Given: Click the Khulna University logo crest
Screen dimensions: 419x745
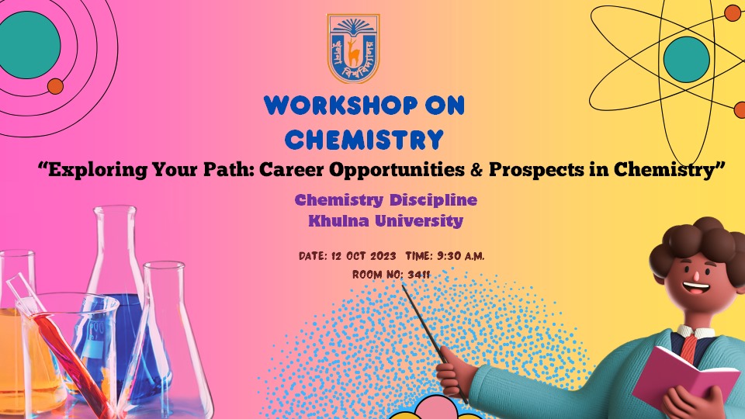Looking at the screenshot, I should coord(353,49).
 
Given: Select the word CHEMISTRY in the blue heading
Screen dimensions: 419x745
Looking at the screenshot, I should coord(364,140).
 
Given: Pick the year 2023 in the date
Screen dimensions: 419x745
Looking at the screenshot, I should coord(380,256).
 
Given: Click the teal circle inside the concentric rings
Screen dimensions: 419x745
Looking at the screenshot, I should coord(29,44).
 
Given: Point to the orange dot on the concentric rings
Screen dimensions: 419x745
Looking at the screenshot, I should coord(56,86).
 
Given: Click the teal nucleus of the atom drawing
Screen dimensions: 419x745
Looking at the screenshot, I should coord(686,59).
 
